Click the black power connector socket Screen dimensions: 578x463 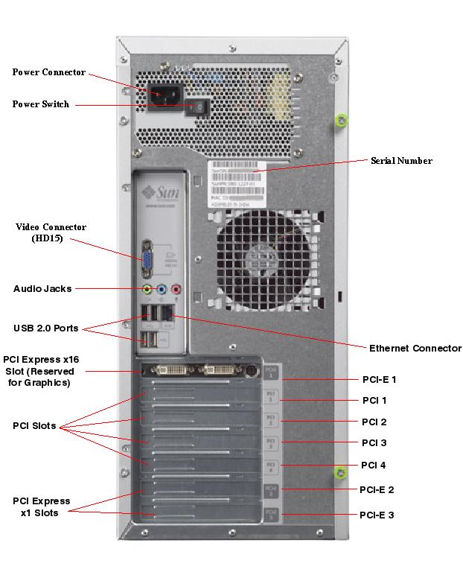[x=165, y=97]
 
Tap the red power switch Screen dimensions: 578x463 [x=197, y=107]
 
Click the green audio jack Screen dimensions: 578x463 [x=147, y=289]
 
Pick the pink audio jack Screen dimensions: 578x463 [x=176, y=289]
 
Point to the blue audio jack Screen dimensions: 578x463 [x=162, y=289]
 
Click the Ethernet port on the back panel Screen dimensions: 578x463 [x=169, y=315]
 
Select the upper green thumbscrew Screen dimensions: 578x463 [x=341, y=120]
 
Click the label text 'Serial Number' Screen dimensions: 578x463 [x=401, y=161]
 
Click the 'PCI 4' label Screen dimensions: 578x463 [x=373, y=465]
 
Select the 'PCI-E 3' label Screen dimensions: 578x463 [x=377, y=515]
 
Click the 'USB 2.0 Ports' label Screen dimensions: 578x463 [x=45, y=328]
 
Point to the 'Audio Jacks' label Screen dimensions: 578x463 [x=42, y=288]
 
